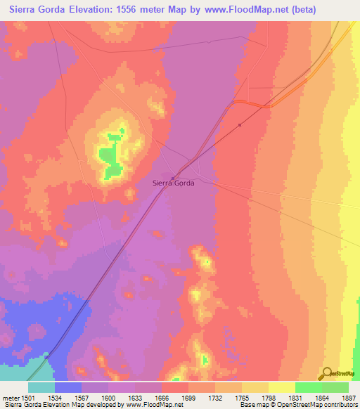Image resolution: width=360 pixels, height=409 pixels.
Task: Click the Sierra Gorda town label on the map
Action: pos(173,182)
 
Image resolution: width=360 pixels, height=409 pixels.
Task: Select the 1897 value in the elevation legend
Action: pos(348,397)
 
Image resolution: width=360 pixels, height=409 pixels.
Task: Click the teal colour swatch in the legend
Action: pos(41,387)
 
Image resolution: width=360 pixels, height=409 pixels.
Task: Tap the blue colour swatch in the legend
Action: pos(67,387)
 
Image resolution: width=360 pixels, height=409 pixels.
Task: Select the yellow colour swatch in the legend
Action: pos(281,387)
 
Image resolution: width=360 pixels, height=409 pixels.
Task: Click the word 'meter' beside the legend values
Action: pos(11,397)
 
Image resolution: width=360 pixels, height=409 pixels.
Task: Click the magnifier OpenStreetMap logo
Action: pos(326,374)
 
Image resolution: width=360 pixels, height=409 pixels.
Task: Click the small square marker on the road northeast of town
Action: pos(240,126)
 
